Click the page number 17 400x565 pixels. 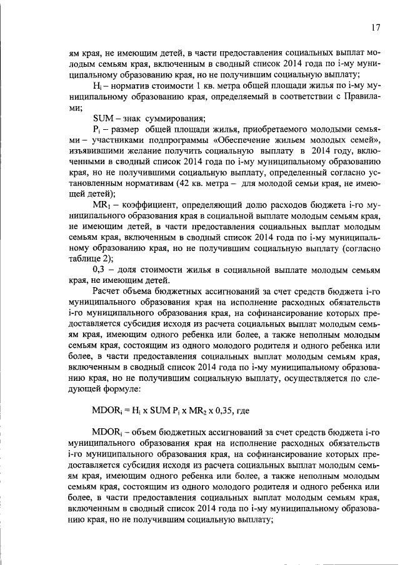coord(375,27)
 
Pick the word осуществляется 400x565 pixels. coord(311,375)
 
